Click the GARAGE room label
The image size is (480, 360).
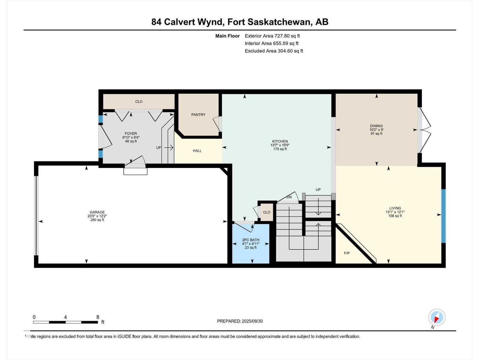click(x=97, y=212)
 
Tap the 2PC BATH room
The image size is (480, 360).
click(x=251, y=244)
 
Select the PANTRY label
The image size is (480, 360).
click(x=198, y=115)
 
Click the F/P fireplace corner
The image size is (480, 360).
click(x=347, y=253)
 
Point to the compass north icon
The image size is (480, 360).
click(x=436, y=317)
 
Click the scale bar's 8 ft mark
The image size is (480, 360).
click(x=98, y=317)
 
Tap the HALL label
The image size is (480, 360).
click(x=197, y=151)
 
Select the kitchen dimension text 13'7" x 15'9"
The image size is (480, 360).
click(x=280, y=145)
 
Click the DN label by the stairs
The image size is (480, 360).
click(x=289, y=197)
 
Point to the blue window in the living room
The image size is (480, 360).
click(x=443, y=216)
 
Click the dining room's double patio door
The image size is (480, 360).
click(x=424, y=130)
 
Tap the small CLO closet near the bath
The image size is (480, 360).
click(x=266, y=212)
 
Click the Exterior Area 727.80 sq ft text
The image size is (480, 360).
click(x=272, y=36)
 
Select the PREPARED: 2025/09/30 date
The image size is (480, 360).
click(x=240, y=321)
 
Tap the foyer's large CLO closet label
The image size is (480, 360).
click(x=139, y=102)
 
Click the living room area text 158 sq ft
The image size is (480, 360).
click(x=395, y=216)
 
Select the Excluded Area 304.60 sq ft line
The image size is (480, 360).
click(x=274, y=51)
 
